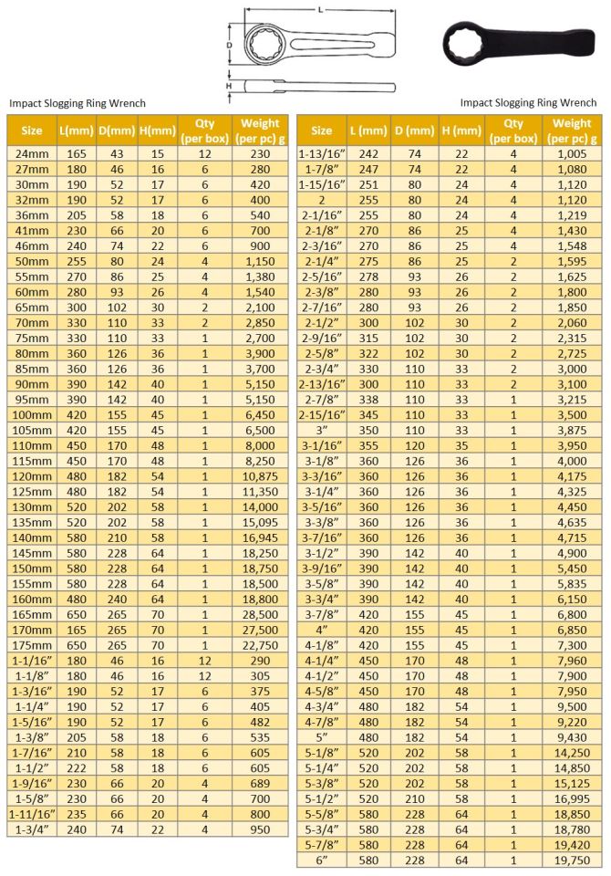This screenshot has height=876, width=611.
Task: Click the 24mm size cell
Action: click(32, 155)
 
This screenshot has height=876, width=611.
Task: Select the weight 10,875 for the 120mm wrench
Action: click(259, 475)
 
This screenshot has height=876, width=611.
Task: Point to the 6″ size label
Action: click(322, 859)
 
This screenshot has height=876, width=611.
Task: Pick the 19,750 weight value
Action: click(572, 859)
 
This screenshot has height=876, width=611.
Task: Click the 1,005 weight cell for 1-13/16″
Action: click(572, 155)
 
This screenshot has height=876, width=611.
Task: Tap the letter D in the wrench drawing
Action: click(230, 44)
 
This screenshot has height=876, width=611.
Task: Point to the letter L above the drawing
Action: click(319, 8)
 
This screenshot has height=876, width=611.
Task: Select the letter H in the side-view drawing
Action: click(230, 86)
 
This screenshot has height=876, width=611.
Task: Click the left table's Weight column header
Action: click(259, 130)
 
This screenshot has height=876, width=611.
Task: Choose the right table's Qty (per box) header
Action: click(513, 130)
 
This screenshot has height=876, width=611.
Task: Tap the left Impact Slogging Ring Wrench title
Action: click(78, 103)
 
